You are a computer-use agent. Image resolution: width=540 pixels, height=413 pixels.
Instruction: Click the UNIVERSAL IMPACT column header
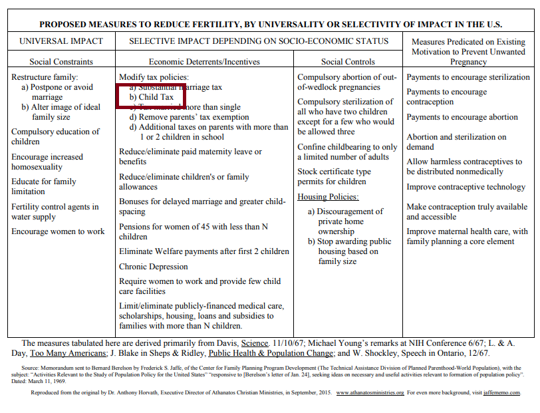point(61,41)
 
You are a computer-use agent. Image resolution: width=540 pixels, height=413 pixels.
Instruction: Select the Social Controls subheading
point(348,62)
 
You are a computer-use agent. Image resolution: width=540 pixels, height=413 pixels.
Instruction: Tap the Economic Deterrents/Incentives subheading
point(204,62)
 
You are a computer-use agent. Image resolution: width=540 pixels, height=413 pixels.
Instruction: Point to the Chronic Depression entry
point(154,267)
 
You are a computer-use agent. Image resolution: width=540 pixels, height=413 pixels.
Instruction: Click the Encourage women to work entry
point(58,231)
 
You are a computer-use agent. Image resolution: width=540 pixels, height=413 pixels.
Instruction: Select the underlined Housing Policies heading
point(328,197)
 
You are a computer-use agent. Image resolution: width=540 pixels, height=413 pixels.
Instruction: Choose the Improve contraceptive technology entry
point(466,187)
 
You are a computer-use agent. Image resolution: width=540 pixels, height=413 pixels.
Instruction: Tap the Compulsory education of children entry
point(55,136)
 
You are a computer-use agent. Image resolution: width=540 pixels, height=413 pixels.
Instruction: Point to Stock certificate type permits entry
point(334,177)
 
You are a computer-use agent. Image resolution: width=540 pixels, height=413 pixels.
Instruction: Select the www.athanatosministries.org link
point(370,392)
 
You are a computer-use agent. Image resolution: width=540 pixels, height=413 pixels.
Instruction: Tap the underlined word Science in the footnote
point(255,343)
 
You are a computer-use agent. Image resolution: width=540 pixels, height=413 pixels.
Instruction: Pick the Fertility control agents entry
point(55,211)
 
